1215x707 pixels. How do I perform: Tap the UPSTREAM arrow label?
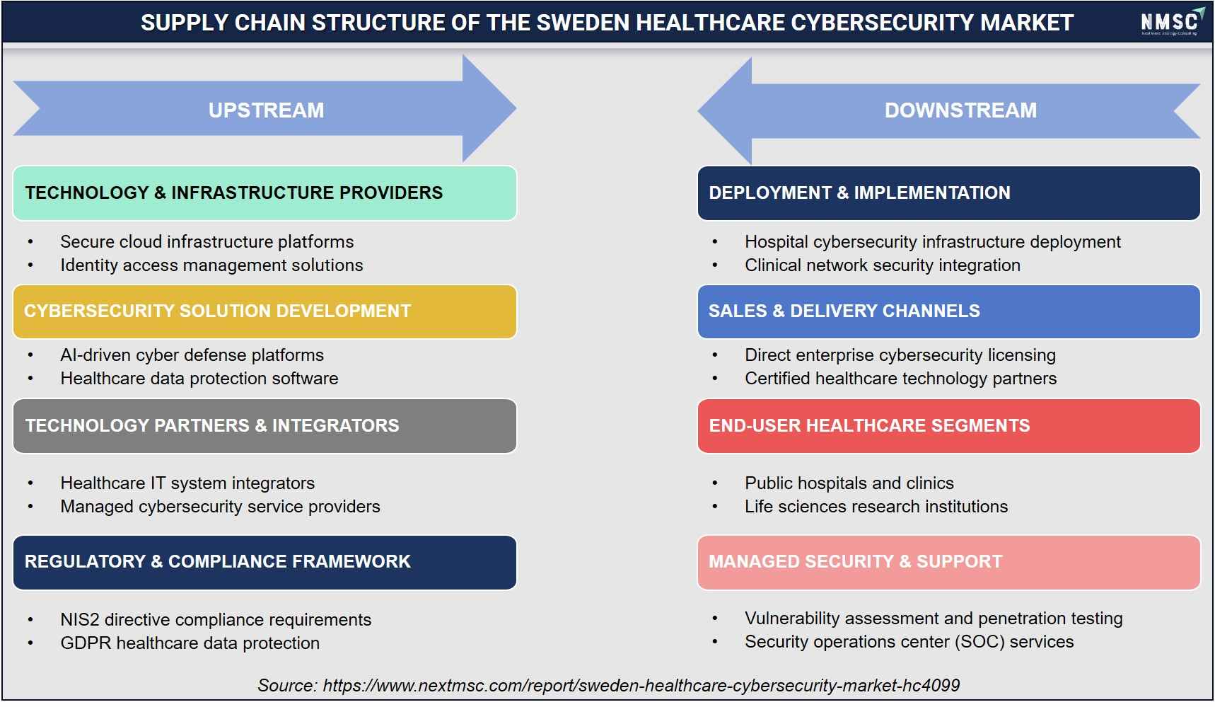click(x=266, y=110)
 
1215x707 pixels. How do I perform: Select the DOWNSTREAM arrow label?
click(x=960, y=110)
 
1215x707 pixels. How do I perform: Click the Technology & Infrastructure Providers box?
click(x=264, y=193)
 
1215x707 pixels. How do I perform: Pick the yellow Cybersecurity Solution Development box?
click(x=264, y=311)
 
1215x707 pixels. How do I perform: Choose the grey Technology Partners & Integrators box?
click(x=264, y=426)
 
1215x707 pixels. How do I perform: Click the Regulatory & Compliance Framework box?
click(x=264, y=563)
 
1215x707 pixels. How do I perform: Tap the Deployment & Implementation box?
click(x=948, y=193)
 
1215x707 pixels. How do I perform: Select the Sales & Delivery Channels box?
click(x=948, y=311)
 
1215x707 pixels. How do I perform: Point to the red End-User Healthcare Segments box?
click(x=948, y=426)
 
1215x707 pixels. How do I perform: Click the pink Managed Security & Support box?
click(x=948, y=563)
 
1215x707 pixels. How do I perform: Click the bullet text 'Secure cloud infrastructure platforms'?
click(x=207, y=242)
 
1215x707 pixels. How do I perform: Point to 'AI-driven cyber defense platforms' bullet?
click(x=192, y=355)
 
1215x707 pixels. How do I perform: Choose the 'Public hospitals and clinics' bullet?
click(x=849, y=483)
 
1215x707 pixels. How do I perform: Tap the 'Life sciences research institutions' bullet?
click(x=876, y=507)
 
